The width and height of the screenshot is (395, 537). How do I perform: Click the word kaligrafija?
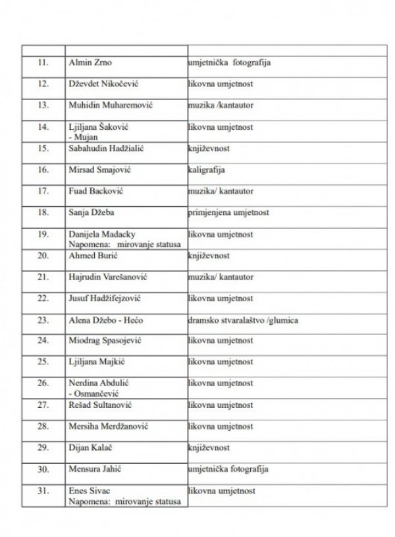click(x=207, y=169)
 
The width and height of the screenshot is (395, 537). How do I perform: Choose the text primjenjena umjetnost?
click(x=227, y=213)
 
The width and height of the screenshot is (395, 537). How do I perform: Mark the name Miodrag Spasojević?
click(x=103, y=341)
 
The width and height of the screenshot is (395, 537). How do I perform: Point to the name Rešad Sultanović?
click(x=99, y=405)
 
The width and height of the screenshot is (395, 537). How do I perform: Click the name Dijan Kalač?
click(x=90, y=447)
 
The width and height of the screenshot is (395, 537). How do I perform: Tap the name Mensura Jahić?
click(x=95, y=469)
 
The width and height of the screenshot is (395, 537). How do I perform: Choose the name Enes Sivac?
click(x=89, y=491)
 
